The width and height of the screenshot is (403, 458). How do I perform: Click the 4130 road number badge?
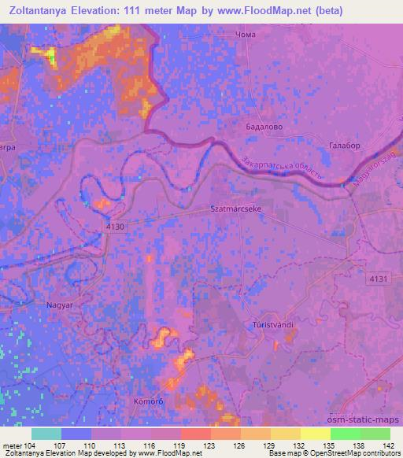[x=116, y=226]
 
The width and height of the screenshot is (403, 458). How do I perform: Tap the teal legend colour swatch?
[x=46, y=434]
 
